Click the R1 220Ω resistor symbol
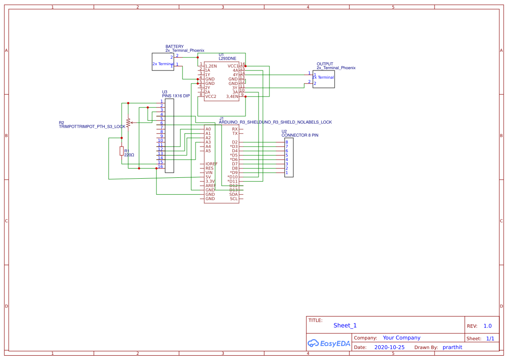click(x=122, y=151)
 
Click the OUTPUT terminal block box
click(x=323, y=79)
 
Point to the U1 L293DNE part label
click(x=227, y=58)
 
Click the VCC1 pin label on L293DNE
click(x=233, y=66)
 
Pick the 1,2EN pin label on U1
click(x=211, y=66)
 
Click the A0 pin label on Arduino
click(x=208, y=129)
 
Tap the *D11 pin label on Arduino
click(x=232, y=181)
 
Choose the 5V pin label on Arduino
click(x=208, y=177)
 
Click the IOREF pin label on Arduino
click(x=212, y=164)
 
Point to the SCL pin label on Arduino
click(x=234, y=199)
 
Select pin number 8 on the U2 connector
click(x=287, y=142)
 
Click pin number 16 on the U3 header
click(x=160, y=167)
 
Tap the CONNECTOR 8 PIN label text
click(x=300, y=135)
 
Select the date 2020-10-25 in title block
click(x=389, y=347)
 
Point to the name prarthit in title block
click(x=452, y=347)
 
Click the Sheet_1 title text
click(x=345, y=325)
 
